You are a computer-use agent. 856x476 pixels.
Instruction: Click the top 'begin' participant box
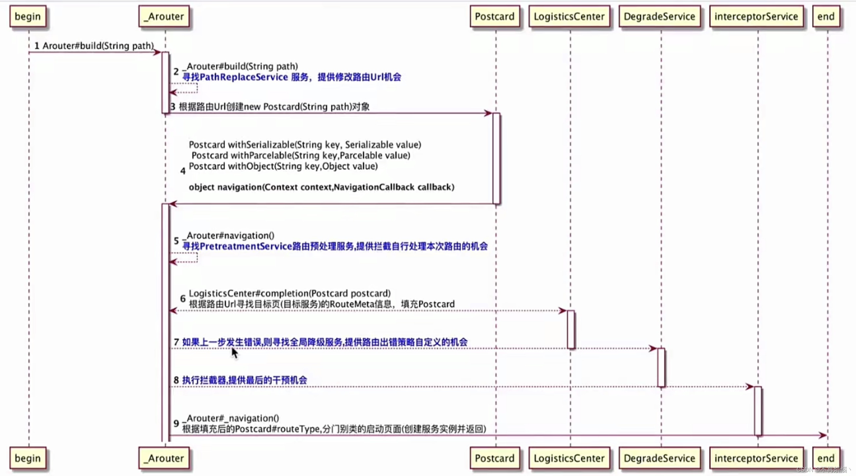tap(27, 16)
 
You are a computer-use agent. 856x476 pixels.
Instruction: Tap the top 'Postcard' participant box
tap(494, 16)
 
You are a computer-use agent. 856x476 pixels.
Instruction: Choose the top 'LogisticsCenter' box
tap(569, 16)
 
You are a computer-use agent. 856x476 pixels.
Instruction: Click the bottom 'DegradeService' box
tap(659, 458)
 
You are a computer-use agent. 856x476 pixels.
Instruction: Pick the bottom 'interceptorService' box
tap(756, 458)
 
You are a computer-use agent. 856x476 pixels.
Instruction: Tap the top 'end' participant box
tap(826, 16)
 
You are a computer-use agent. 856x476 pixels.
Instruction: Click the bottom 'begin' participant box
tap(27, 458)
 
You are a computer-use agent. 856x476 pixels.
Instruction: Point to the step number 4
tap(183, 171)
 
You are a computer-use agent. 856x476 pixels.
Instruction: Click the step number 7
tap(176, 342)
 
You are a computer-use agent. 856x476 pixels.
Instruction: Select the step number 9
tap(176, 423)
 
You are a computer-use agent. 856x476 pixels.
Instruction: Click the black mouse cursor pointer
tap(235, 353)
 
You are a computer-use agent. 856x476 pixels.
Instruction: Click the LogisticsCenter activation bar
tap(571, 329)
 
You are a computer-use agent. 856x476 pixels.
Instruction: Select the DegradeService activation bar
tap(661, 367)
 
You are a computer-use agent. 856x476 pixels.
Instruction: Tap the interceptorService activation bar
tap(758, 411)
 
